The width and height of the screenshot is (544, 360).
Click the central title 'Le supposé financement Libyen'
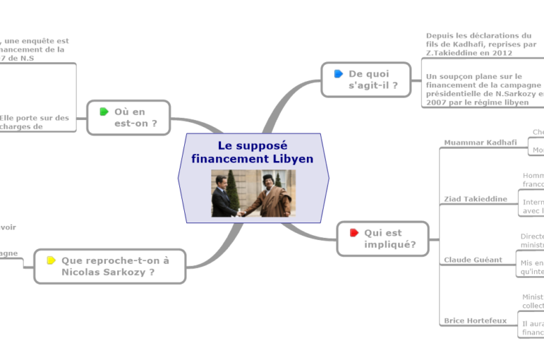click(252, 152)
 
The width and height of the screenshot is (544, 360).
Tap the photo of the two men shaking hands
click(252, 193)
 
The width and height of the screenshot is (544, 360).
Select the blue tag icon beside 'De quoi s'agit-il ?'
click(338, 74)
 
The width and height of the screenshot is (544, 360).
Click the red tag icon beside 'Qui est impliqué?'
click(354, 233)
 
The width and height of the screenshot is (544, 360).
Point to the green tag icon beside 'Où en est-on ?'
click(104, 112)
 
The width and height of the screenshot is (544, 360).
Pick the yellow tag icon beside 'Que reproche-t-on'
click(51, 260)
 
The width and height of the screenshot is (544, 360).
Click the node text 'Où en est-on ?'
click(135, 118)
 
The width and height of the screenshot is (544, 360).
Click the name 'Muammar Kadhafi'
click(481, 143)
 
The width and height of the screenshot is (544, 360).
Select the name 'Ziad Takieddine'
click(476, 199)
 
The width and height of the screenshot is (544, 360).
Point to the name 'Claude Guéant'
click(473, 260)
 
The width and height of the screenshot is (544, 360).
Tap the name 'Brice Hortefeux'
click(475, 320)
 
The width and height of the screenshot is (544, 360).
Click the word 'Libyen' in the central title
click(293, 159)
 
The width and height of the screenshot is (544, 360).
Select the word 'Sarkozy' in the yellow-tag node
click(126, 272)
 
